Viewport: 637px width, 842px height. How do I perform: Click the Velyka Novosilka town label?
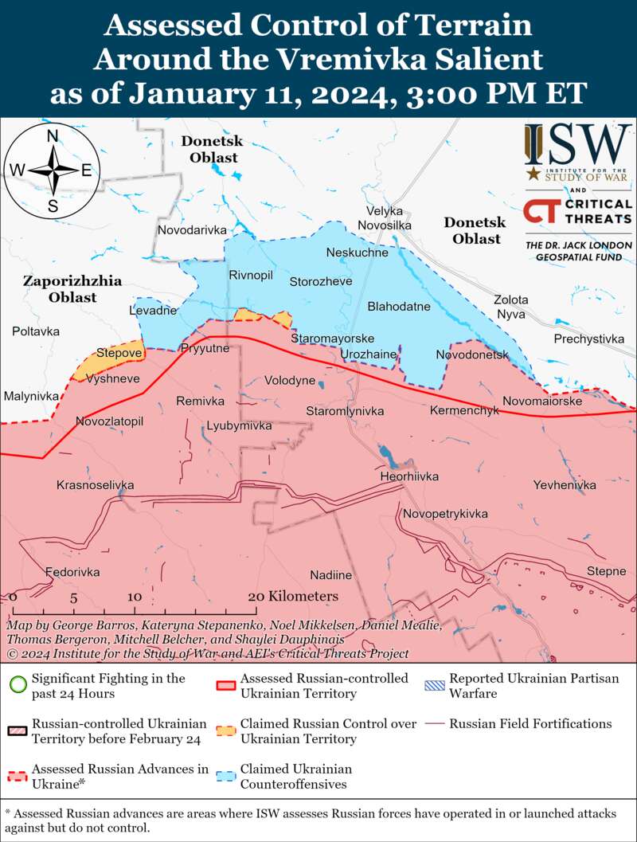click(385, 218)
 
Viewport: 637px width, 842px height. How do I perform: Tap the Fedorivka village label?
click(72, 572)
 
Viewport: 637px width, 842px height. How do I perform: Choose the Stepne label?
click(606, 571)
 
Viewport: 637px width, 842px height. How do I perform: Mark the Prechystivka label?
click(588, 339)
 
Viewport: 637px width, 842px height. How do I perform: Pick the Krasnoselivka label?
click(95, 485)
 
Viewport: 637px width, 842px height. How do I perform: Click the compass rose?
click(53, 170)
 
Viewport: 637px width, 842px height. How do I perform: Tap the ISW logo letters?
click(578, 143)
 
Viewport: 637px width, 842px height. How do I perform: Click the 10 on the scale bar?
click(134, 597)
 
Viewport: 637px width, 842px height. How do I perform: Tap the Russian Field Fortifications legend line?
click(435, 724)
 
